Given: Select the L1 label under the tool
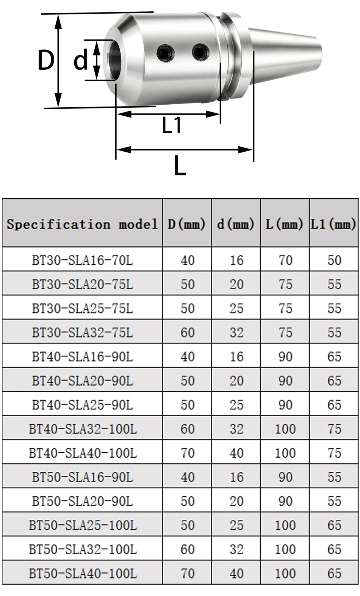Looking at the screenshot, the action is pyautogui.click(x=172, y=125).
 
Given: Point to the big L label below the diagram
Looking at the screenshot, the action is pyautogui.click(x=180, y=166).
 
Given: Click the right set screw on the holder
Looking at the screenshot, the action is pyautogui.click(x=200, y=52).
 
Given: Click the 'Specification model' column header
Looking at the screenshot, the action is pyautogui.click(x=82, y=224).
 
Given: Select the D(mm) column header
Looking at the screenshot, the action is pyautogui.click(x=187, y=224).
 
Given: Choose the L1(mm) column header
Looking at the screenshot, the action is pyautogui.click(x=334, y=224).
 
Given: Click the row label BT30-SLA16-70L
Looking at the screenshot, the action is pyautogui.click(x=82, y=260).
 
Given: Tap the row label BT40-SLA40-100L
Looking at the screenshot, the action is pyautogui.click(x=82, y=453).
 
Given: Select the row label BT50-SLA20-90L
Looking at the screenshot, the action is pyautogui.click(x=82, y=501).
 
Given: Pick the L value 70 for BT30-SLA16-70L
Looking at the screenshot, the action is pyautogui.click(x=285, y=260).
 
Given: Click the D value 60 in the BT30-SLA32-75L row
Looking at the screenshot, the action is pyautogui.click(x=187, y=333).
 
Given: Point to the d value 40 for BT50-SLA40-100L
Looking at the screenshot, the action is pyautogui.click(x=236, y=573).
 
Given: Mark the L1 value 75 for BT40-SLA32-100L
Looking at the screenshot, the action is pyautogui.click(x=334, y=429).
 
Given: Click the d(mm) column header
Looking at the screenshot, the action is pyautogui.click(x=236, y=224).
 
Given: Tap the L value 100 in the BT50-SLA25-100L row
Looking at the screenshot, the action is pyautogui.click(x=285, y=525).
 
